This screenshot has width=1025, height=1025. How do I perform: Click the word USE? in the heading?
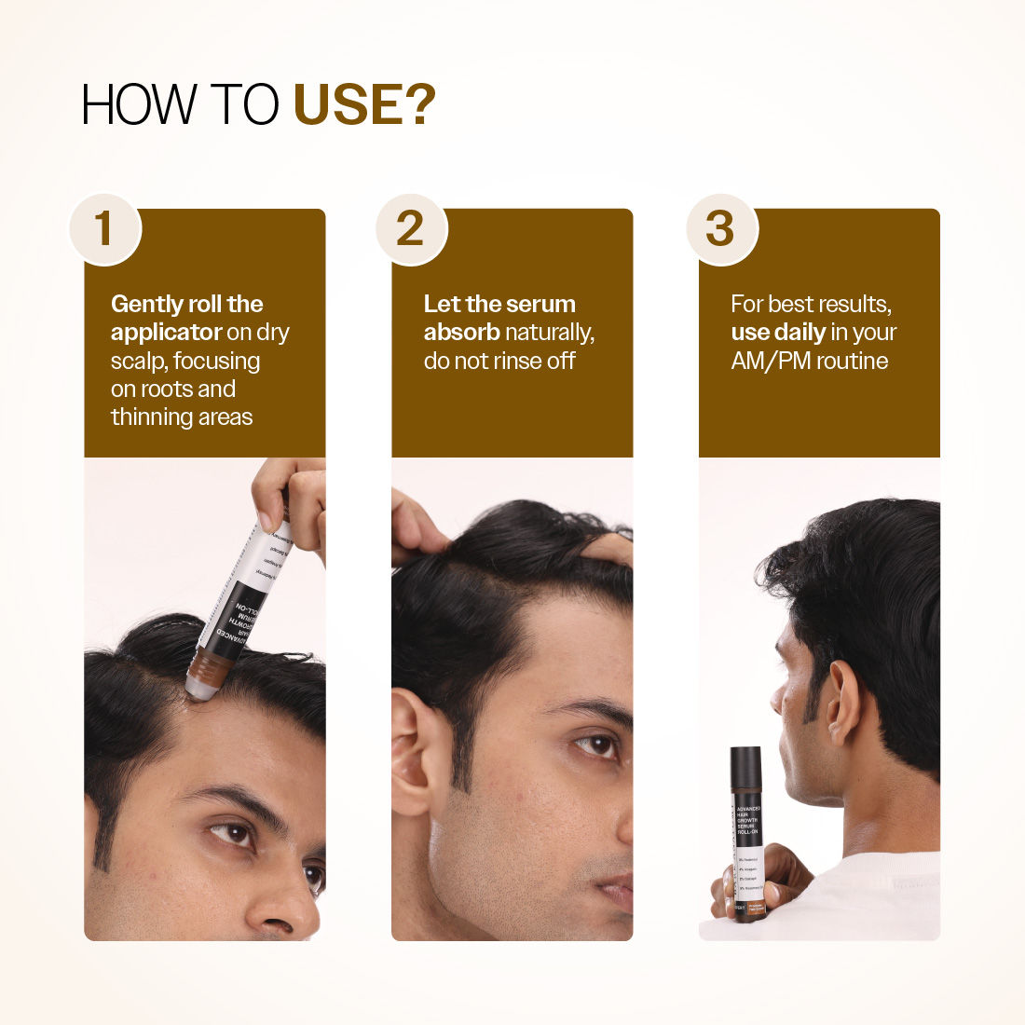364,104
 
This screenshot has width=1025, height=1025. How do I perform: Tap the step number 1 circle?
104,229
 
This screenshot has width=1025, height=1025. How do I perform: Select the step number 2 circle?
411,229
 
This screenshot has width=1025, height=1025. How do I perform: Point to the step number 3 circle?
720,229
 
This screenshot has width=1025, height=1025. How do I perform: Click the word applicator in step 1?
166,333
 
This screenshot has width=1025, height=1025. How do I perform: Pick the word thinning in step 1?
147,417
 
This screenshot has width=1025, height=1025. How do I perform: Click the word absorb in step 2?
461,333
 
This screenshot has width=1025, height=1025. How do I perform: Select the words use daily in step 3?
778,333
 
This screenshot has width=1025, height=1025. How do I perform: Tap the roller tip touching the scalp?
199,690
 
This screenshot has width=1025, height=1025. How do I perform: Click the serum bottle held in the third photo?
747,834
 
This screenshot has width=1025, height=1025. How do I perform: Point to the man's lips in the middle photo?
619,895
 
